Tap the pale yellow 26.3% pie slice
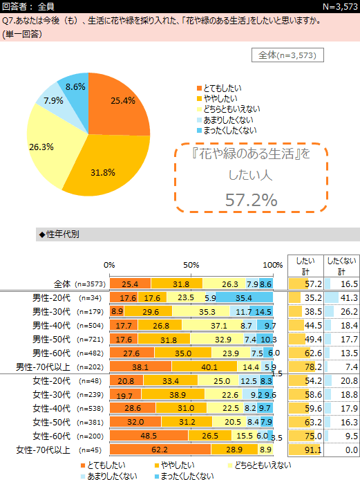coord(49,147)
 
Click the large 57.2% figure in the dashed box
coord(251,200)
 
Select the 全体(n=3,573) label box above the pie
coord(287,55)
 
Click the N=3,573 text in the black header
coord(340,6)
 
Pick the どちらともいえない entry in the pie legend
coord(229,109)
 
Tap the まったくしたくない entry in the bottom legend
coord(184,476)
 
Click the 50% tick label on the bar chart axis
coord(191,265)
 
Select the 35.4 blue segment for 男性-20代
coord(244,297)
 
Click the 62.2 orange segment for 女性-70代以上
coord(160,450)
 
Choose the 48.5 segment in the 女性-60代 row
coord(149,436)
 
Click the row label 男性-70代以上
coord(43,367)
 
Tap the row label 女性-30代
coord(52,395)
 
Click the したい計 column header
coord(305,266)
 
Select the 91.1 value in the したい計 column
coord(314,450)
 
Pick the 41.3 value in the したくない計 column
coord(350,298)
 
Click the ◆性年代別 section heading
coord(59,234)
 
